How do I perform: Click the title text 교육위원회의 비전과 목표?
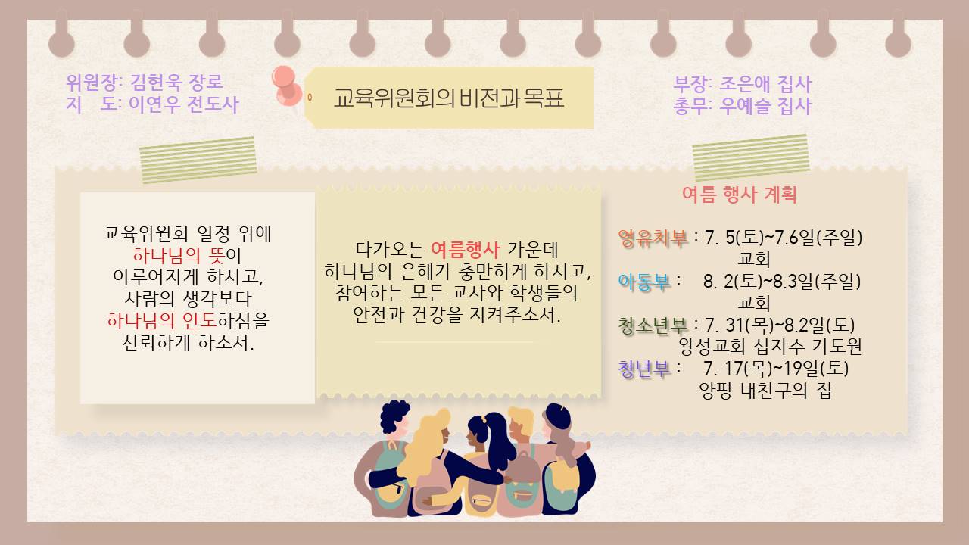point(449,98)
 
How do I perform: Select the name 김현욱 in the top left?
point(156,82)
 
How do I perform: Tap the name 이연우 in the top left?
point(155,104)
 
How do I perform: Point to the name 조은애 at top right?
point(744,84)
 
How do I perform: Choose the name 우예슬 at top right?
point(744,106)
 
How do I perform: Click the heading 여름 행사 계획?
point(740,195)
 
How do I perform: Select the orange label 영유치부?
point(653,238)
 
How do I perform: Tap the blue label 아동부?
point(644,282)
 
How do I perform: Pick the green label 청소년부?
point(653,325)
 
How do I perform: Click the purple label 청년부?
point(644,369)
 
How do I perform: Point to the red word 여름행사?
point(465,250)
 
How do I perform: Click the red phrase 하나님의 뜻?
point(179,255)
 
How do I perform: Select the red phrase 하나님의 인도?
point(161,320)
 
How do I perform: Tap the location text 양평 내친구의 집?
point(765,391)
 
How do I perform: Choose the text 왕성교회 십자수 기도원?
point(770,346)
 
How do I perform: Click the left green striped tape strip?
point(198,160)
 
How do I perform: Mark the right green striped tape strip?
point(751,157)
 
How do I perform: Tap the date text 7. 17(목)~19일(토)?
point(776,368)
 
